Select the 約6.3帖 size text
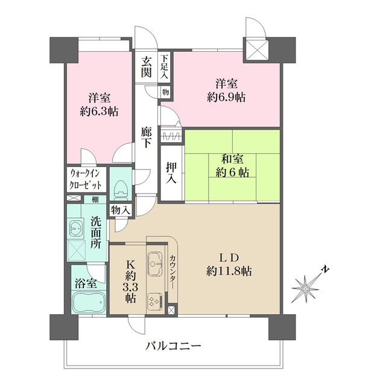(x=100, y=112)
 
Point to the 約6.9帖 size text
(x=227, y=97)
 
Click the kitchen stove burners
(x=154, y=300)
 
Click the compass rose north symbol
(x=310, y=288)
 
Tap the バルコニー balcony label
(x=173, y=346)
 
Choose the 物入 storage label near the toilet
(x=121, y=210)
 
